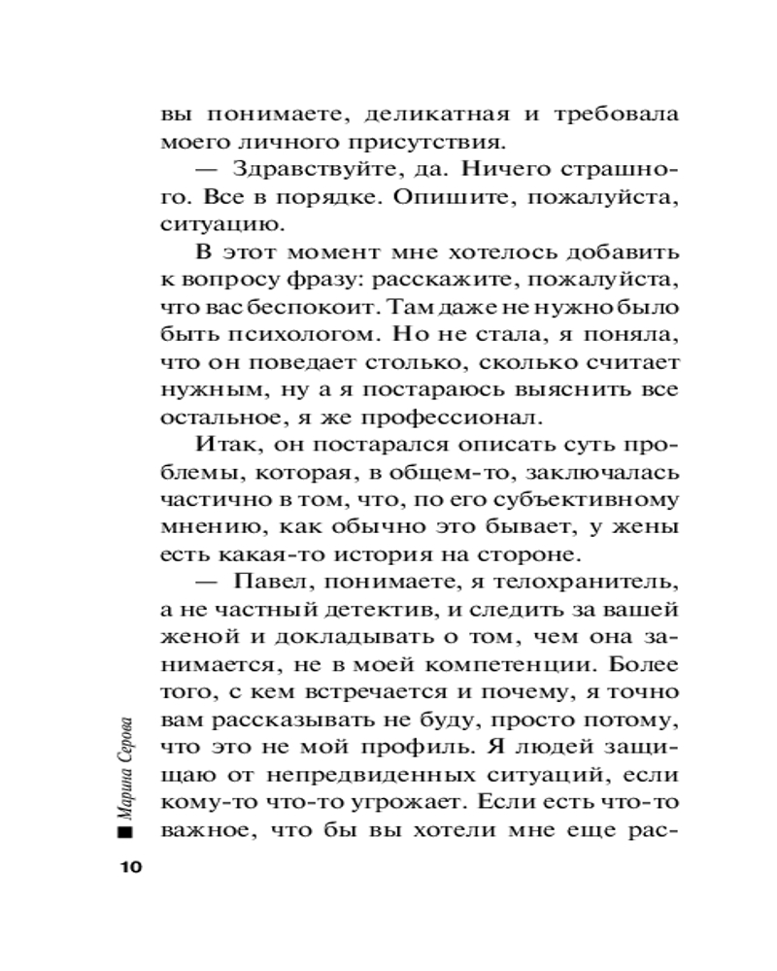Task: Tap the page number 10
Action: coord(130,866)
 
